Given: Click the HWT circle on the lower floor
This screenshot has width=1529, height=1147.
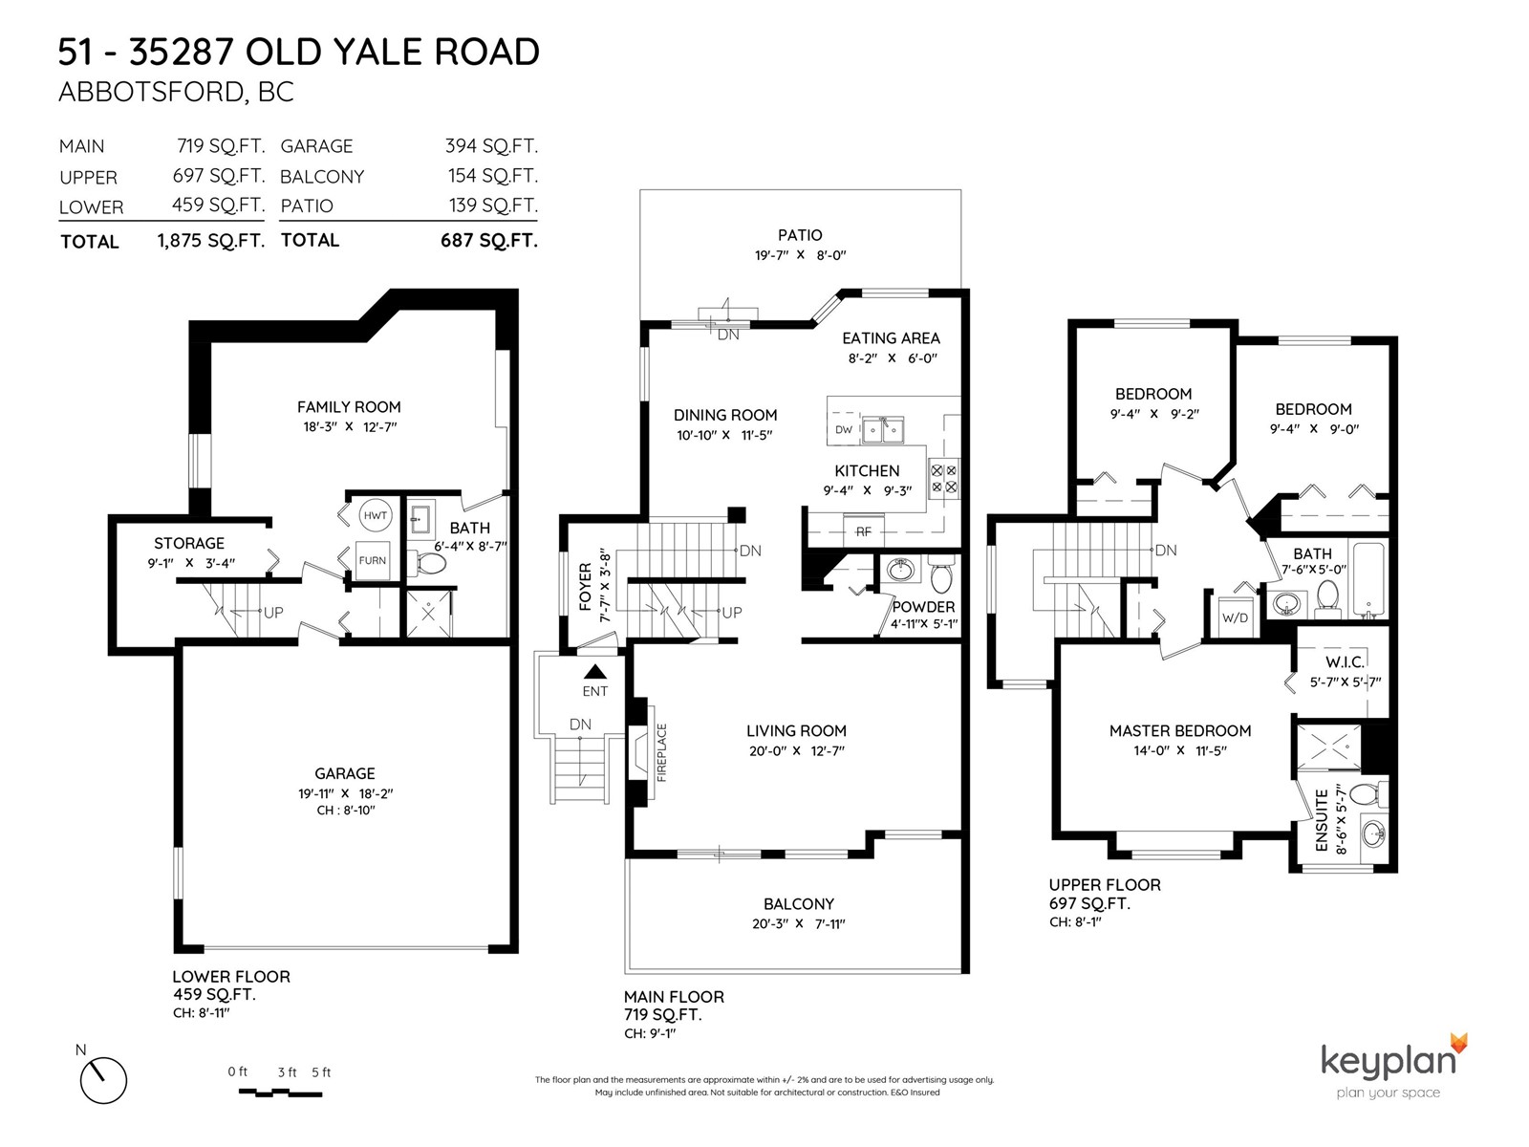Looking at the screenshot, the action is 376,516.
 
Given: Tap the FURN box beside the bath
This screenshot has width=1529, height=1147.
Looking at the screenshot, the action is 373,561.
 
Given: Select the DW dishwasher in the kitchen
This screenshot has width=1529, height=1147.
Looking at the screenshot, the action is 844,430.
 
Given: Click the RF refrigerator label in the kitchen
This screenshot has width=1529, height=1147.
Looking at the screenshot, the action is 863,531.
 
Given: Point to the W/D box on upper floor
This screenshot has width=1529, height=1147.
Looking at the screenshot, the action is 1235,617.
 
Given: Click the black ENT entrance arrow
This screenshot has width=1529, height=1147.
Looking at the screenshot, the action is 595,671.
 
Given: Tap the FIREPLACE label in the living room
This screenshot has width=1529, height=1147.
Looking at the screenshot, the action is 661,752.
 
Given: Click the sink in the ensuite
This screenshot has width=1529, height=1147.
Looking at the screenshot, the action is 1373,832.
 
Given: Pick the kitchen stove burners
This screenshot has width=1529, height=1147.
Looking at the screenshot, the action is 944,479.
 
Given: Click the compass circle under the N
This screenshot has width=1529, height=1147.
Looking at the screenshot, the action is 104,1080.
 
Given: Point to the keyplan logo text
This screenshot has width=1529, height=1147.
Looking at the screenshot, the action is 1388,1061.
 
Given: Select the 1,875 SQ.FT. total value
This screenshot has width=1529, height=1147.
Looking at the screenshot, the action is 211,241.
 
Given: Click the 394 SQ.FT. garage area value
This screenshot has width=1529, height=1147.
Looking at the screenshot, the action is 492,146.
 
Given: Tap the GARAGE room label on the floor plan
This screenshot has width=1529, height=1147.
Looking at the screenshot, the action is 345,773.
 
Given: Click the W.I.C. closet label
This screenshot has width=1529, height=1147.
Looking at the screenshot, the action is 1345,662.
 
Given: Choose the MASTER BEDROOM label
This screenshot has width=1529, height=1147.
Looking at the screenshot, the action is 1180,730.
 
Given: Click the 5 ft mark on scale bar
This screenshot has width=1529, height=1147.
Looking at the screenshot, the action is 321,1072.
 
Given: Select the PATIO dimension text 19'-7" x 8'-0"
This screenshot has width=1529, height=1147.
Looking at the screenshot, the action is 801,255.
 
